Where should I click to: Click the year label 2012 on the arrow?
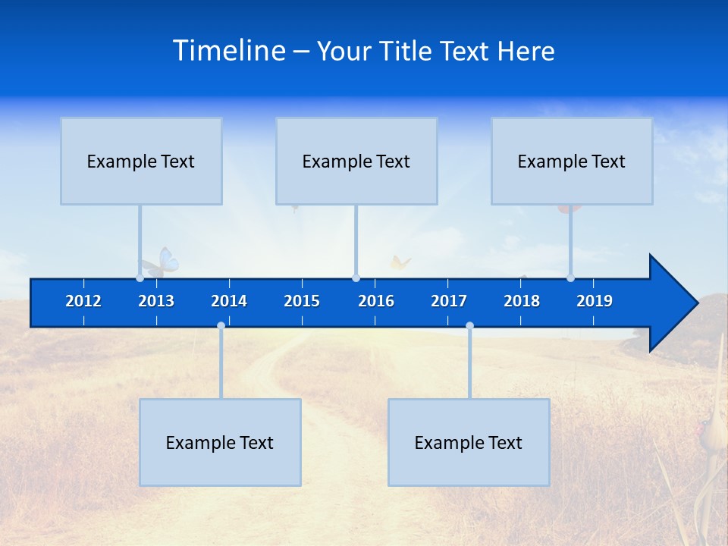(83, 301)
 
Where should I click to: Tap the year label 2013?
(156, 301)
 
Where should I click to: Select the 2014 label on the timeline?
(229, 301)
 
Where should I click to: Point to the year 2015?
(302, 301)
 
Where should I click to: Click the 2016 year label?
(376, 301)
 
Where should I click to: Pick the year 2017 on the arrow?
(449, 301)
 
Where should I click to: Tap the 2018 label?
(522, 301)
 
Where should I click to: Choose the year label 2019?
(595, 301)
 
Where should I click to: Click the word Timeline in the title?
(229, 50)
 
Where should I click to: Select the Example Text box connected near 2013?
(141, 161)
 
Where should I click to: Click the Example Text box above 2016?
(356, 161)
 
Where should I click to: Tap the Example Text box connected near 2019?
(572, 161)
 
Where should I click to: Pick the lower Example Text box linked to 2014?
(220, 442)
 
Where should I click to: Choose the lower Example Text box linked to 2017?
(469, 442)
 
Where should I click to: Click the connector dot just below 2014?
(221, 325)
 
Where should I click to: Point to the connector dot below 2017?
(469, 325)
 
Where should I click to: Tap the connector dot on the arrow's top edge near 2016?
(356, 278)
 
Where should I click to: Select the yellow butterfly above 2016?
(400, 263)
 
